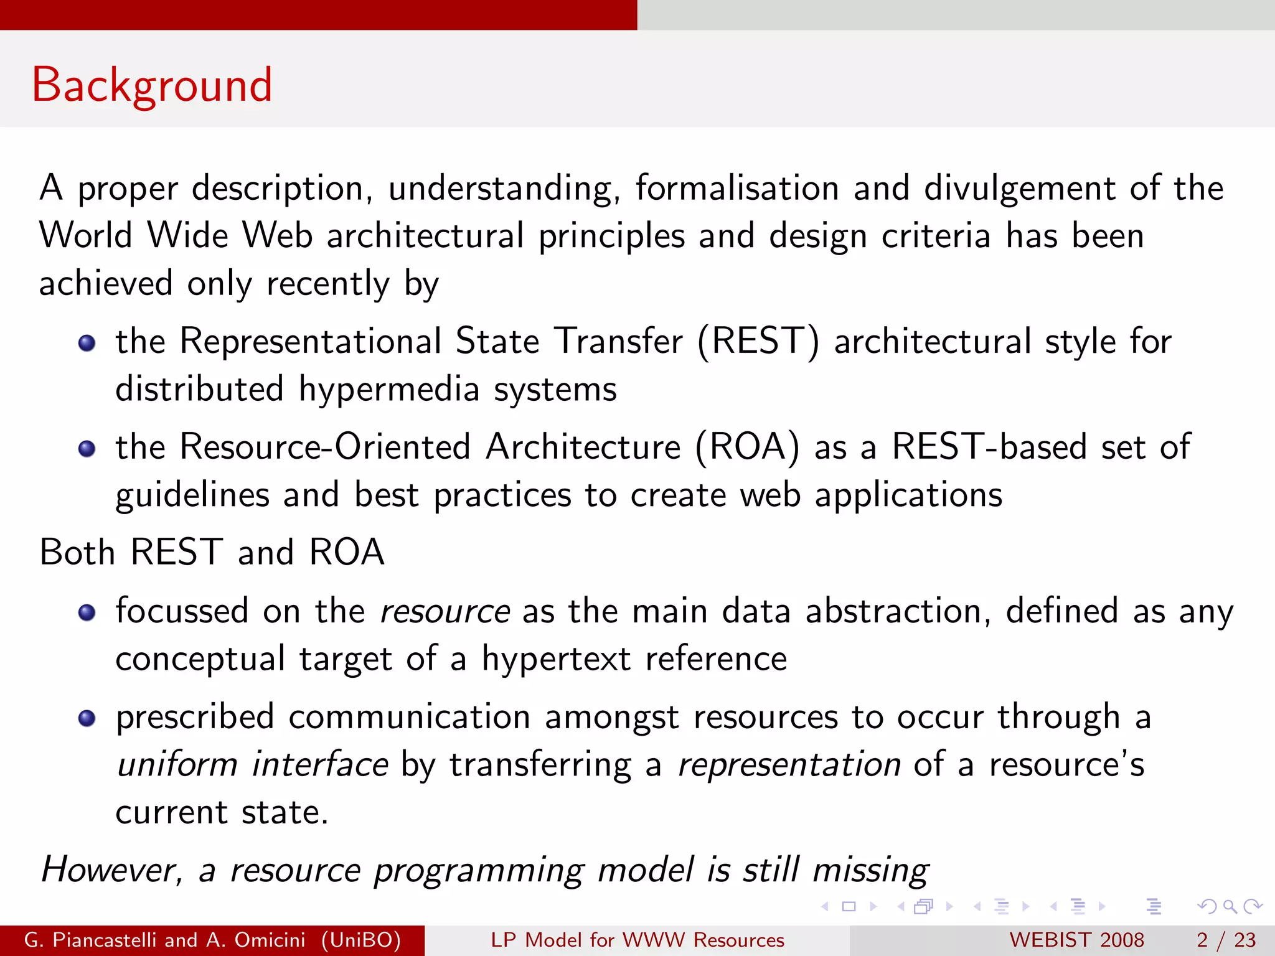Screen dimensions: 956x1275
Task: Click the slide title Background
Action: coord(152,85)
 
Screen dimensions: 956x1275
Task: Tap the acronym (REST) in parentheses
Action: coord(758,342)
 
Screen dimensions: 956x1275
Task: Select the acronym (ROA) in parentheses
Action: coord(747,448)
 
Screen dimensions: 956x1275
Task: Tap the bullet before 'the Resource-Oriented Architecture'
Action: coord(87,449)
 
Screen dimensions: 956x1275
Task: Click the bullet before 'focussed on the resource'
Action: coord(87,613)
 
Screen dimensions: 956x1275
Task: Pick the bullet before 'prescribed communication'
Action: coord(87,719)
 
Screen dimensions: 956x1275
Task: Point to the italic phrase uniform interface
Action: coord(253,764)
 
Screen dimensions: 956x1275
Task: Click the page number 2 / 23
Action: coord(1226,940)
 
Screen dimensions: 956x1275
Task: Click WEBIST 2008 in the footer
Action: coord(1076,940)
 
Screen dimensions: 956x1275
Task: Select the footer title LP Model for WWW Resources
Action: coord(637,940)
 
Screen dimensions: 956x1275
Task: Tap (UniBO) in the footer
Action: coord(361,940)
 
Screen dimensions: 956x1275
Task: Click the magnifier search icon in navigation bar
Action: coord(1230,907)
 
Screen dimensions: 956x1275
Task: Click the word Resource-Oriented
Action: coord(324,448)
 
